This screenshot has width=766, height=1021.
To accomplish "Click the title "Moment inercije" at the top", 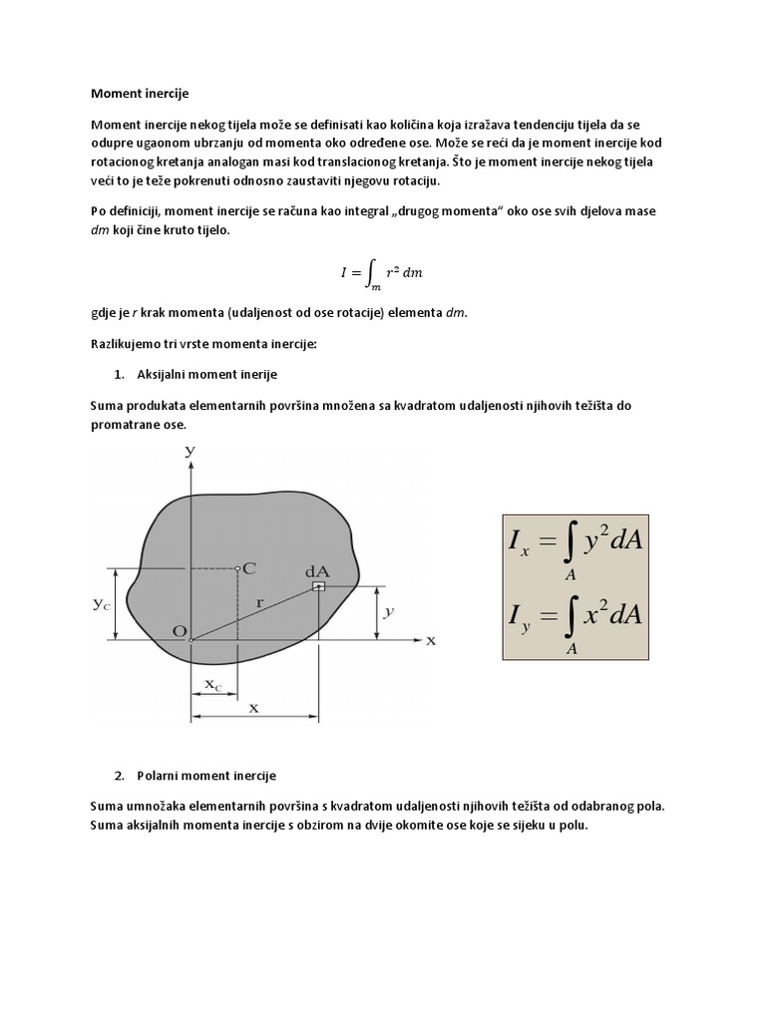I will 139,93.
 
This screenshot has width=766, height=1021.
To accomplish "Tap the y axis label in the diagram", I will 189,452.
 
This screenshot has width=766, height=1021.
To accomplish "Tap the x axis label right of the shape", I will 431,640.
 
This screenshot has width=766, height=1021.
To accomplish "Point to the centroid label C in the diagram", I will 249,567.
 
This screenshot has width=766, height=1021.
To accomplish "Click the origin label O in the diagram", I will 179,631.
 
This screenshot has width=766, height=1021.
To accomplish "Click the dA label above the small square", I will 317,571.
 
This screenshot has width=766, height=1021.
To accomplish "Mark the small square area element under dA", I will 318,588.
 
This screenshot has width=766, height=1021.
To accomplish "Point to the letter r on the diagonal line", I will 258,603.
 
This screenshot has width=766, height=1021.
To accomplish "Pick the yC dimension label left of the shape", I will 103,604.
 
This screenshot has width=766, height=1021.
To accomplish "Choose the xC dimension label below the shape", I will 213,684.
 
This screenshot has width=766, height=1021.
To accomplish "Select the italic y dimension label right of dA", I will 389,613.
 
